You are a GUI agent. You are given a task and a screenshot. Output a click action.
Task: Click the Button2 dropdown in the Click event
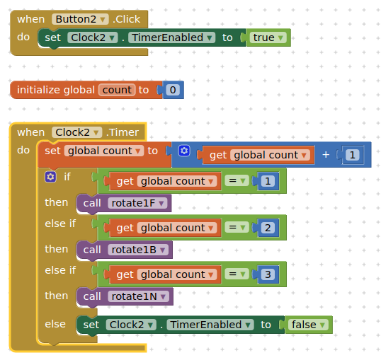(80, 19)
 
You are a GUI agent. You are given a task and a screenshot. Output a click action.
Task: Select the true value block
(268, 37)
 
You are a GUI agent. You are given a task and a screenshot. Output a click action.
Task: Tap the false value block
(308, 325)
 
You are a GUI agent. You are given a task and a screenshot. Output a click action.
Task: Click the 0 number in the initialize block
(173, 90)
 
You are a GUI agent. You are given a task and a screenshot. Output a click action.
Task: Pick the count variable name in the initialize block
(117, 90)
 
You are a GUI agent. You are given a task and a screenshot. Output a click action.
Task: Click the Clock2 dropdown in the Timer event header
(76, 132)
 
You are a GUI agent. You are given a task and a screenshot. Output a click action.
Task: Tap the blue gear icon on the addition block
(184, 151)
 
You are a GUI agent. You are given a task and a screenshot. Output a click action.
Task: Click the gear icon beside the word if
(50, 177)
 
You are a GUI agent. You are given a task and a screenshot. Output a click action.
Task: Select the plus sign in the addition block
(326, 155)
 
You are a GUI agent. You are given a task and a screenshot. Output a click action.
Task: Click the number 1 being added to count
(353, 155)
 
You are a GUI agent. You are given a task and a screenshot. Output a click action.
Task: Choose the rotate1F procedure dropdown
(137, 203)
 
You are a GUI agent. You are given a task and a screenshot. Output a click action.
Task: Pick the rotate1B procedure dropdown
(138, 250)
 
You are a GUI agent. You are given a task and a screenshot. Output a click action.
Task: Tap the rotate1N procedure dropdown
(139, 296)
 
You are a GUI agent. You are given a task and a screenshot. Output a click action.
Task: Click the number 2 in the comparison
(268, 228)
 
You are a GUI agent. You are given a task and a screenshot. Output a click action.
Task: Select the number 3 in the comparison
(268, 274)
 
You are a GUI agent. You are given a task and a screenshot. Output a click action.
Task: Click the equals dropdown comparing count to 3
(237, 274)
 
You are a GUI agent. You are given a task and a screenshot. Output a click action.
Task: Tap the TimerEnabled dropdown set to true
(171, 37)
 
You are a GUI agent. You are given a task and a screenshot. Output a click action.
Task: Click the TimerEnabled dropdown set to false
(210, 325)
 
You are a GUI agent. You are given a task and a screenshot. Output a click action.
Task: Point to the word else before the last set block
(55, 324)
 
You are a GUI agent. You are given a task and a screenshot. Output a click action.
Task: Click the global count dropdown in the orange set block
(104, 151)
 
